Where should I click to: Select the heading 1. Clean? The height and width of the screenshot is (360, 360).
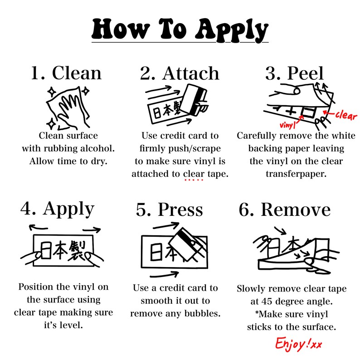tap(66, 73)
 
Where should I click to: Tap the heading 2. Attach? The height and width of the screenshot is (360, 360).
tap(180, 73)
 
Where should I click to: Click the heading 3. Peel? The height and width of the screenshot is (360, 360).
tap(294, 73)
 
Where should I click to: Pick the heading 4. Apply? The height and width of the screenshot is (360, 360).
tap(58, 209)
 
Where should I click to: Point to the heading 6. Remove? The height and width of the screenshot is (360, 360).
tap(285, 210)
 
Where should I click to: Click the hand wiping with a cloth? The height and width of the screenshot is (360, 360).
tap(68, 106)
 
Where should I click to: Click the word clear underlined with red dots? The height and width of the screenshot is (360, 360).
tap(194, 174)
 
